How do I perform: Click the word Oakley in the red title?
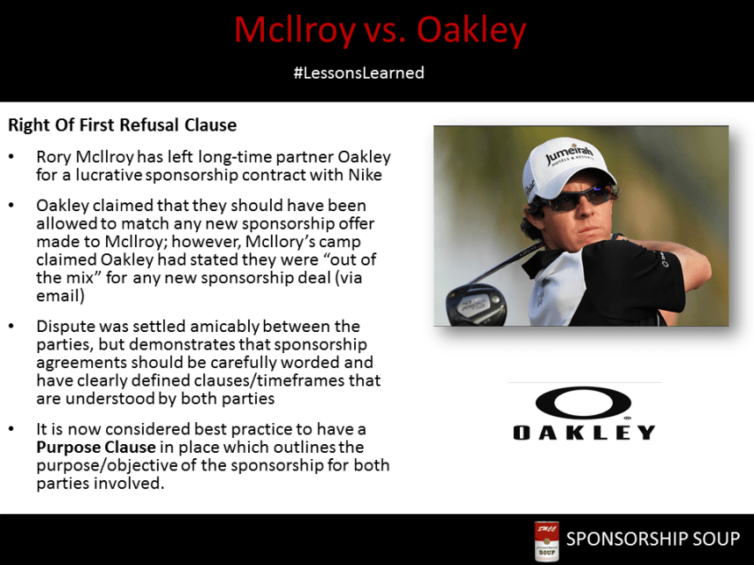pyautogui.click(x=471, y=32)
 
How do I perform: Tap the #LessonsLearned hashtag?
pyautogui.click(x=359, y=73)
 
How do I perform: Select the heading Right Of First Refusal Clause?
pyautogui.click(x=122, y=125)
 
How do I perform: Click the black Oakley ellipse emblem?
pyautogui.click(x=583, y=403)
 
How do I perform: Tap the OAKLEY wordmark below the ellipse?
pyautogui.click(x=583, y=432)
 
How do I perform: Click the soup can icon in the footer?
pyautogui.click(x=546, y=540)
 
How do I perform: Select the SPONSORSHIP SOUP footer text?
pyautogui.click(x=652, y=539)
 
